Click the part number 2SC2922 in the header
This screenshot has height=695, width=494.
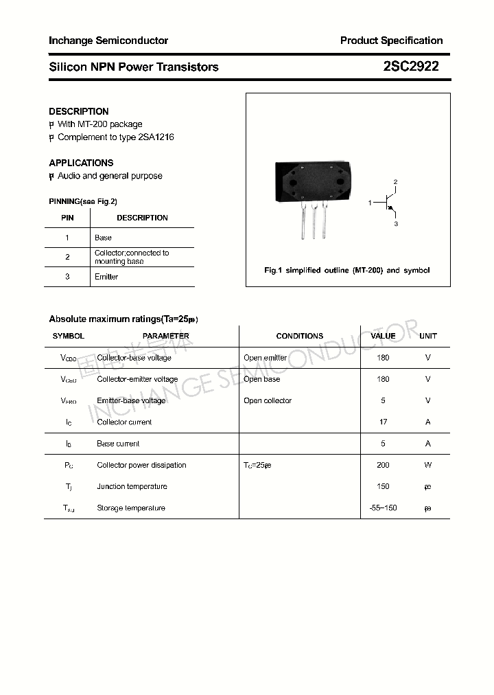[x=411, y=67]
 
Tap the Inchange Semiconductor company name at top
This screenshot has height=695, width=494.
[x=108, y=41]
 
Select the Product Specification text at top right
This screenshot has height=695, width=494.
[x=391, y=41]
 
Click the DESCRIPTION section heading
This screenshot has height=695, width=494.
[x=78, y=111]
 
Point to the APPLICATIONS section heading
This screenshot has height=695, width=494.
[x=81, y=163]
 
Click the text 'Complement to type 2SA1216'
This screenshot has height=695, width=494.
[x=115, y=137]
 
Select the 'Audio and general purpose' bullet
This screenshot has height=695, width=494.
[x=110, y=176]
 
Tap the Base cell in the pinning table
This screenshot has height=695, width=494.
[x=103, y=238]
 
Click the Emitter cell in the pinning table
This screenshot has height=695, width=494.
[x=106, y=277]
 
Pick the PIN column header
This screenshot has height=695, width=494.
[x=67, y=218]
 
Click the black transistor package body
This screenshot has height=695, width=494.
[x=314, y=181]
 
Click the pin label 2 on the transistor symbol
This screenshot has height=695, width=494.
[x=395, y=182]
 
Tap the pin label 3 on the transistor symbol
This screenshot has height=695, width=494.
[x=396, y=224]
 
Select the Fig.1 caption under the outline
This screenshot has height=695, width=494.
[x=347, y=271]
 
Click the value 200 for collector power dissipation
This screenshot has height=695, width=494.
[x=383, y=465]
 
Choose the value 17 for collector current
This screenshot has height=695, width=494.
[x=383, y=422]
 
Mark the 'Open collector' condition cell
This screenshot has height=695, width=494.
[x=268, y=401]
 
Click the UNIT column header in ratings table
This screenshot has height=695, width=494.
[x=428, y=336]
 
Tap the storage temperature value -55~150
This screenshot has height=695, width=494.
[x=383, y=508]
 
